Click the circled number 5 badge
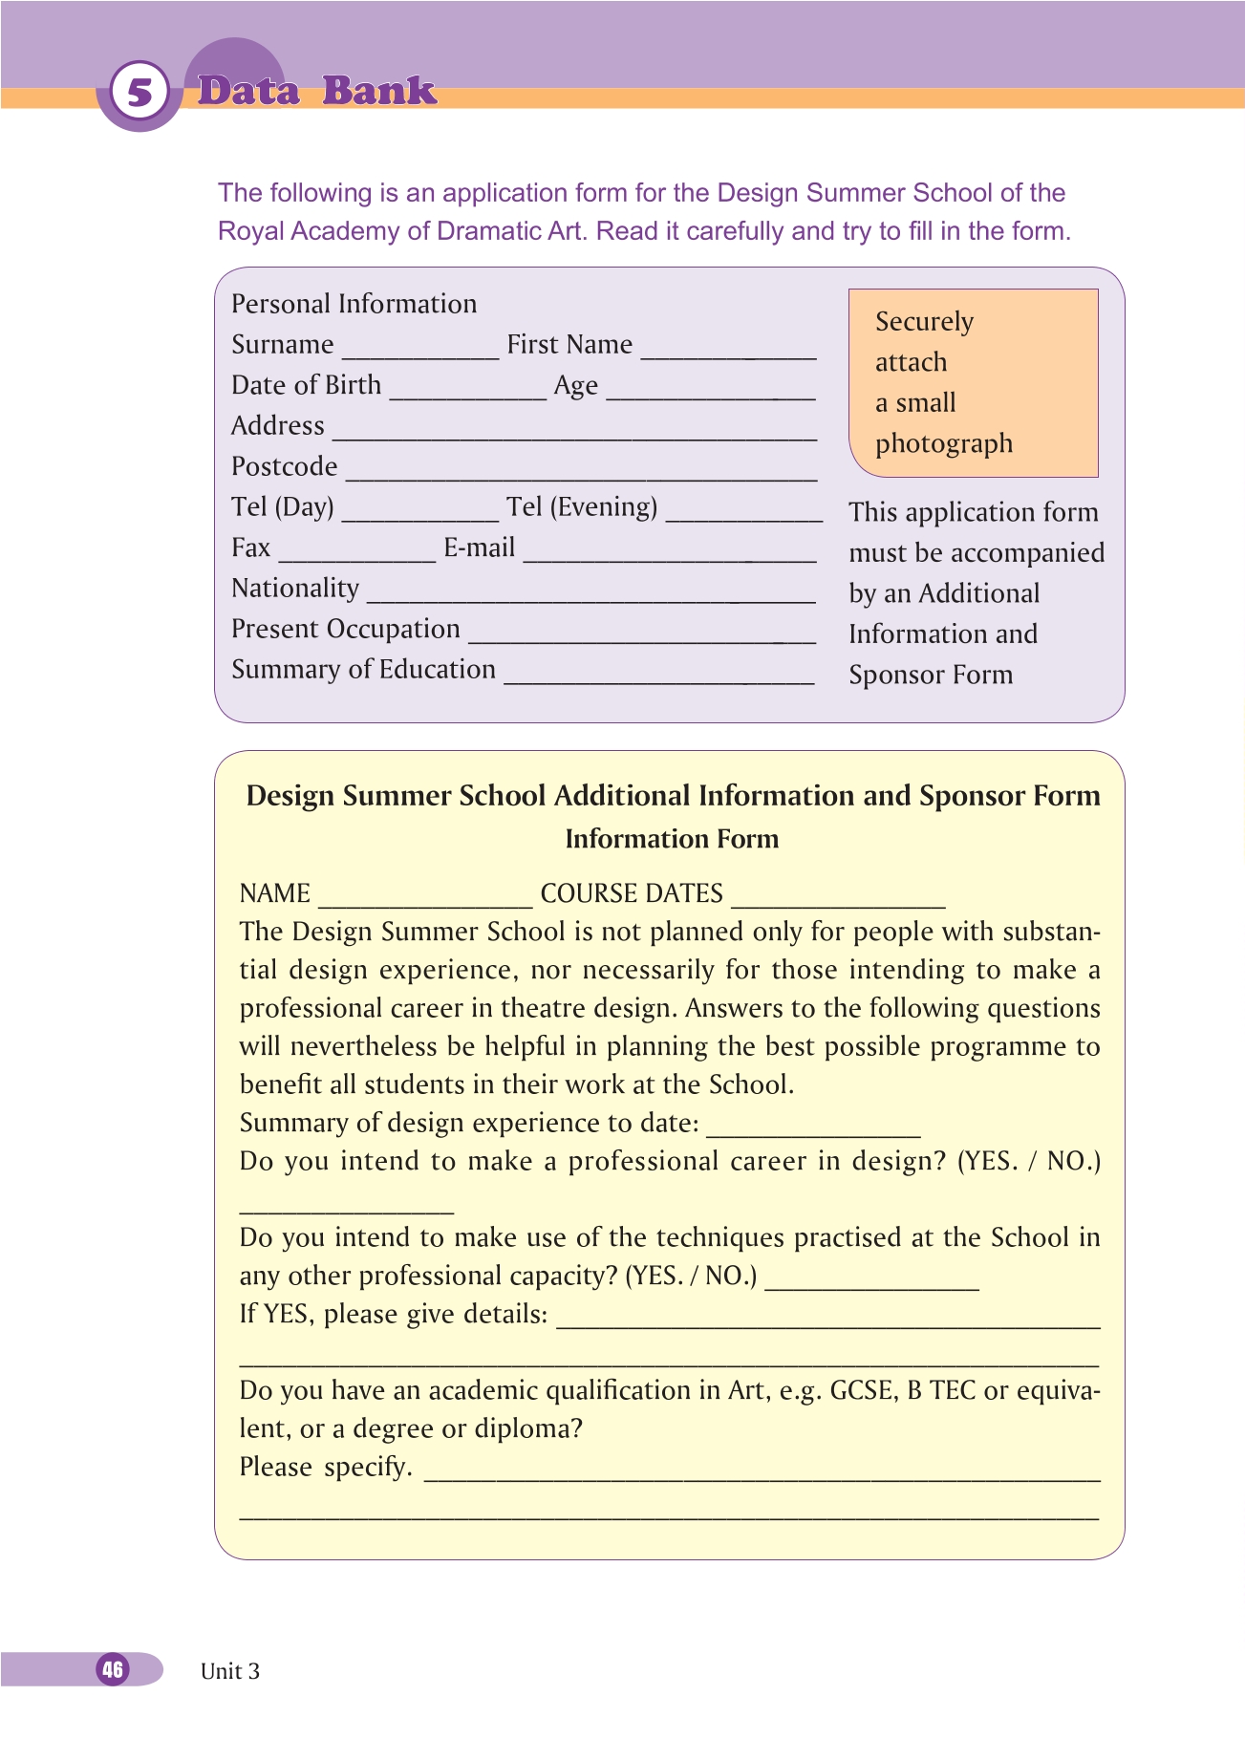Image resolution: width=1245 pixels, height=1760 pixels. tap(140, 93)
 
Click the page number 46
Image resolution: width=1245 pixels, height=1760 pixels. tap(113, 1669)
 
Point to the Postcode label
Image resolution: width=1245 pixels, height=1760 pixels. tap(285, 466)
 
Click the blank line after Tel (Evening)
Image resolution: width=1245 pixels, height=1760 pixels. tap(743, 516)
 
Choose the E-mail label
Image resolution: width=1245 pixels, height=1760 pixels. tap(479, 547)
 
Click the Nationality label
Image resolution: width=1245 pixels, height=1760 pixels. tap(295, 589)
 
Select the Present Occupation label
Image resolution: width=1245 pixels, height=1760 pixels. tap(346, 629)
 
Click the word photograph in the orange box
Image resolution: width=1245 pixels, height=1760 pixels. tap(944, 444)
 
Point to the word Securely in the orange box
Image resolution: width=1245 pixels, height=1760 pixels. tap(924, 322)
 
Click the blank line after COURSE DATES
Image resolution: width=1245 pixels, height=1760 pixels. tap(838, 903)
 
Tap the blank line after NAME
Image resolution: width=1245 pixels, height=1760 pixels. tap(425, 903)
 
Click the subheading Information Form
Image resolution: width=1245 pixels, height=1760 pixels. tap(672, 839)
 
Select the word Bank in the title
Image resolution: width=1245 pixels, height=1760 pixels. tap(379, 91)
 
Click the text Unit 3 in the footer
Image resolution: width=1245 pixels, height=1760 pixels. tap(230, 1671)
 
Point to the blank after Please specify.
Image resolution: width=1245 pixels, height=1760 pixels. tap(762, 1475)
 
